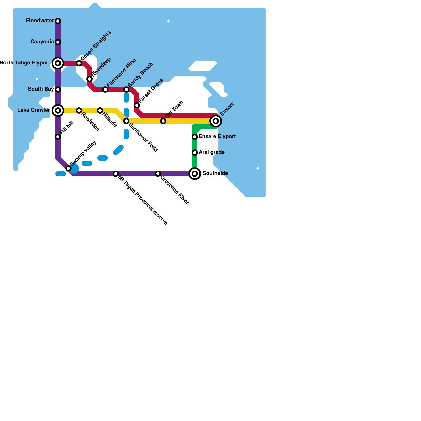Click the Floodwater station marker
pos(58,21)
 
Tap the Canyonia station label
pos(42,42)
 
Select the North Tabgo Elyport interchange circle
pos(58,63)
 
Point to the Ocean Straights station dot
pos(79,63)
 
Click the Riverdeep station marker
pos(89,79)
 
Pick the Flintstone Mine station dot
pos(105,89)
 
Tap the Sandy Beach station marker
pos(126,89)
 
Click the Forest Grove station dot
pos(137,105)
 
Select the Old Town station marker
pos(163,121)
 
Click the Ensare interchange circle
pos(216,121)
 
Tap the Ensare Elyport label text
pos(217,137)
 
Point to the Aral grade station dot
pos(195,153)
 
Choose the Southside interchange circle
pos(195,174)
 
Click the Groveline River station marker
pos(158,174)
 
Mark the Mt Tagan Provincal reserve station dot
pos(116,174)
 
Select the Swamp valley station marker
pos(68,168)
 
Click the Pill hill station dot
pos(58,137)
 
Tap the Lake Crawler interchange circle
pos(58,111)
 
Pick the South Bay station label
pos(41,89)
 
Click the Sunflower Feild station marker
pos(126,121)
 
